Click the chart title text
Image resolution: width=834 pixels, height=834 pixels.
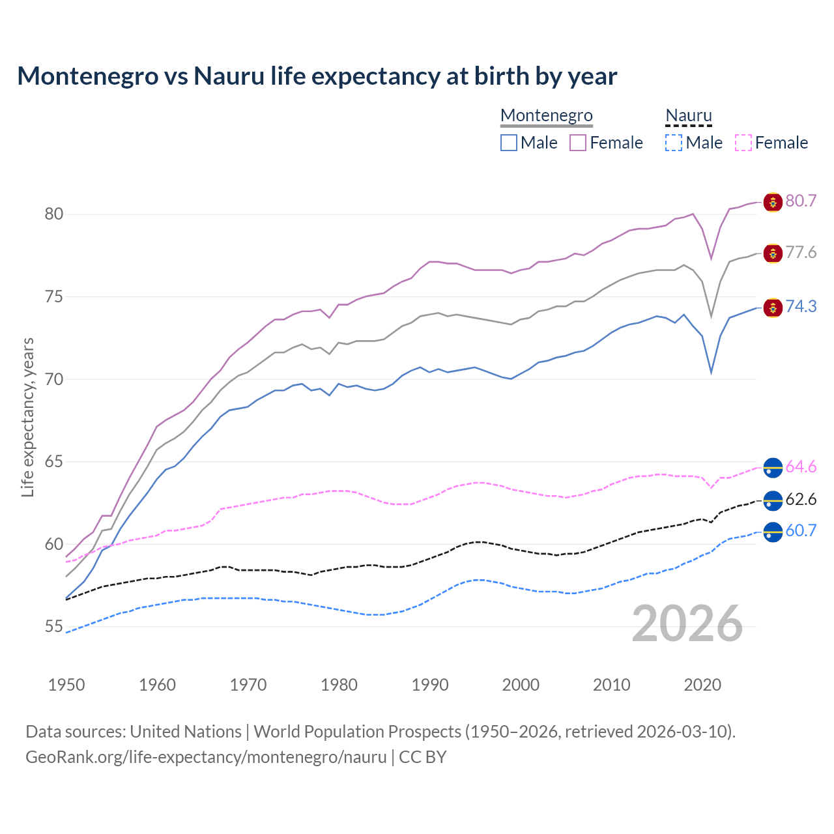coord(317,76)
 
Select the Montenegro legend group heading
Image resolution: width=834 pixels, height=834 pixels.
coord(546,116)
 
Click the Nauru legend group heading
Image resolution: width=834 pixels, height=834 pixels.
coord(688,116)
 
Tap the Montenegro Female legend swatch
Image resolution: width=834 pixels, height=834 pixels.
coord(578,143)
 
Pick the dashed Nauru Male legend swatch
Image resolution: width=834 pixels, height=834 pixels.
coord(674,143)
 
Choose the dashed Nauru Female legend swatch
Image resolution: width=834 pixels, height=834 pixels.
coord(743,143)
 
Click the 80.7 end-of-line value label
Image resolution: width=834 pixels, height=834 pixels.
coord(801,201)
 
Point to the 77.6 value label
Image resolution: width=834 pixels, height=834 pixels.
coord(801,252)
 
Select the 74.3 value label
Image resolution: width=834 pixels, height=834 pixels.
coord(801,306)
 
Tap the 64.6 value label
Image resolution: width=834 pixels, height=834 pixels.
coord(801,467)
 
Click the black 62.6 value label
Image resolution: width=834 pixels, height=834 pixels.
coord(801,499)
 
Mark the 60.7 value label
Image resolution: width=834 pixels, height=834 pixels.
coord(801,530)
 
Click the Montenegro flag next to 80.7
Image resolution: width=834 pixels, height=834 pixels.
coord(773,202)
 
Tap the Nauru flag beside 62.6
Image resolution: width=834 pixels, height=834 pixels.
coord(773,500)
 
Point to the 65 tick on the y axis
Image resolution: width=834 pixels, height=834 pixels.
coord(54,462)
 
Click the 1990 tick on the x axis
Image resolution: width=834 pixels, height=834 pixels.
coord(430,685)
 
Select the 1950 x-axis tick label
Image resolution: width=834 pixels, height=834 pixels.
coord(66,685)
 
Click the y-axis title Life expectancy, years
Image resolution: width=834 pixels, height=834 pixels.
coord(28,417)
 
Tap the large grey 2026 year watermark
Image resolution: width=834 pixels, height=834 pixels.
coord(687,624)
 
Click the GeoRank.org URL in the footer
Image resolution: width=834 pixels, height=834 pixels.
coord(206,757)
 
